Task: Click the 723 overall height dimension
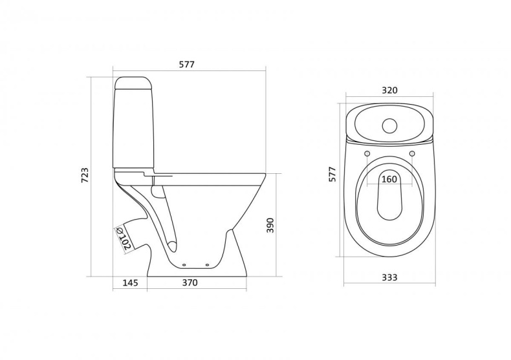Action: (85, 175)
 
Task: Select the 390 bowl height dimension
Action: (272, 224)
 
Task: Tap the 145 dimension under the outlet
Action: (130, 282)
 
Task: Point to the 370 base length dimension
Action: (189, 282)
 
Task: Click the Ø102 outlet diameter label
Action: (122, 237)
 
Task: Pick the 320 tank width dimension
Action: (389, 90)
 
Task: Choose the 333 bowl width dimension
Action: (389, 277)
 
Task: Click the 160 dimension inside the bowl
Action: (389, 179)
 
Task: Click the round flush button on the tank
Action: (389, 125)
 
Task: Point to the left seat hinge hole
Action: (367, 153)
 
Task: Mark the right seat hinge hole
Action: (412, 153)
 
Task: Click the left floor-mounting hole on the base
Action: (186, 265)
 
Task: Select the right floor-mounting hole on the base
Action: (208, 265)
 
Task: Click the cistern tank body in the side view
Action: (135, 129)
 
